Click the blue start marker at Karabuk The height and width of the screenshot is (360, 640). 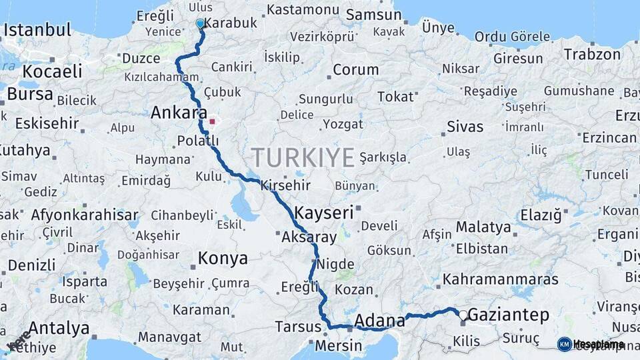[200, 23]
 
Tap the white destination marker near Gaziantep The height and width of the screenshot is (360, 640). [463, 314]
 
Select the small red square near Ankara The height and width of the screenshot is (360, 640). [213, 122]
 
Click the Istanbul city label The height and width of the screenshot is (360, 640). [37, 30]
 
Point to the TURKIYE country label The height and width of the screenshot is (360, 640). [303, 158]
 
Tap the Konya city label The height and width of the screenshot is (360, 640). [223, 258]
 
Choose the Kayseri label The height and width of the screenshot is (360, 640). [323, 213]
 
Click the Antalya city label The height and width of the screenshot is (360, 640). [59, 328]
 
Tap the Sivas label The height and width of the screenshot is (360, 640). [465, 125]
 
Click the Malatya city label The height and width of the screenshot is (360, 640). [483, 227]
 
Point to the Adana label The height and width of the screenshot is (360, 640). [379, 320]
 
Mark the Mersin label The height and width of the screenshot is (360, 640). [338, 346]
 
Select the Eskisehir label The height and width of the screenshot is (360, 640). [47, 123]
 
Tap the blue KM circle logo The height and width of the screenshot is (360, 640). [564, 344]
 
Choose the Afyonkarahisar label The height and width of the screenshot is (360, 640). [85, 215]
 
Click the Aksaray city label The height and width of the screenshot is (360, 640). [309, 237]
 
